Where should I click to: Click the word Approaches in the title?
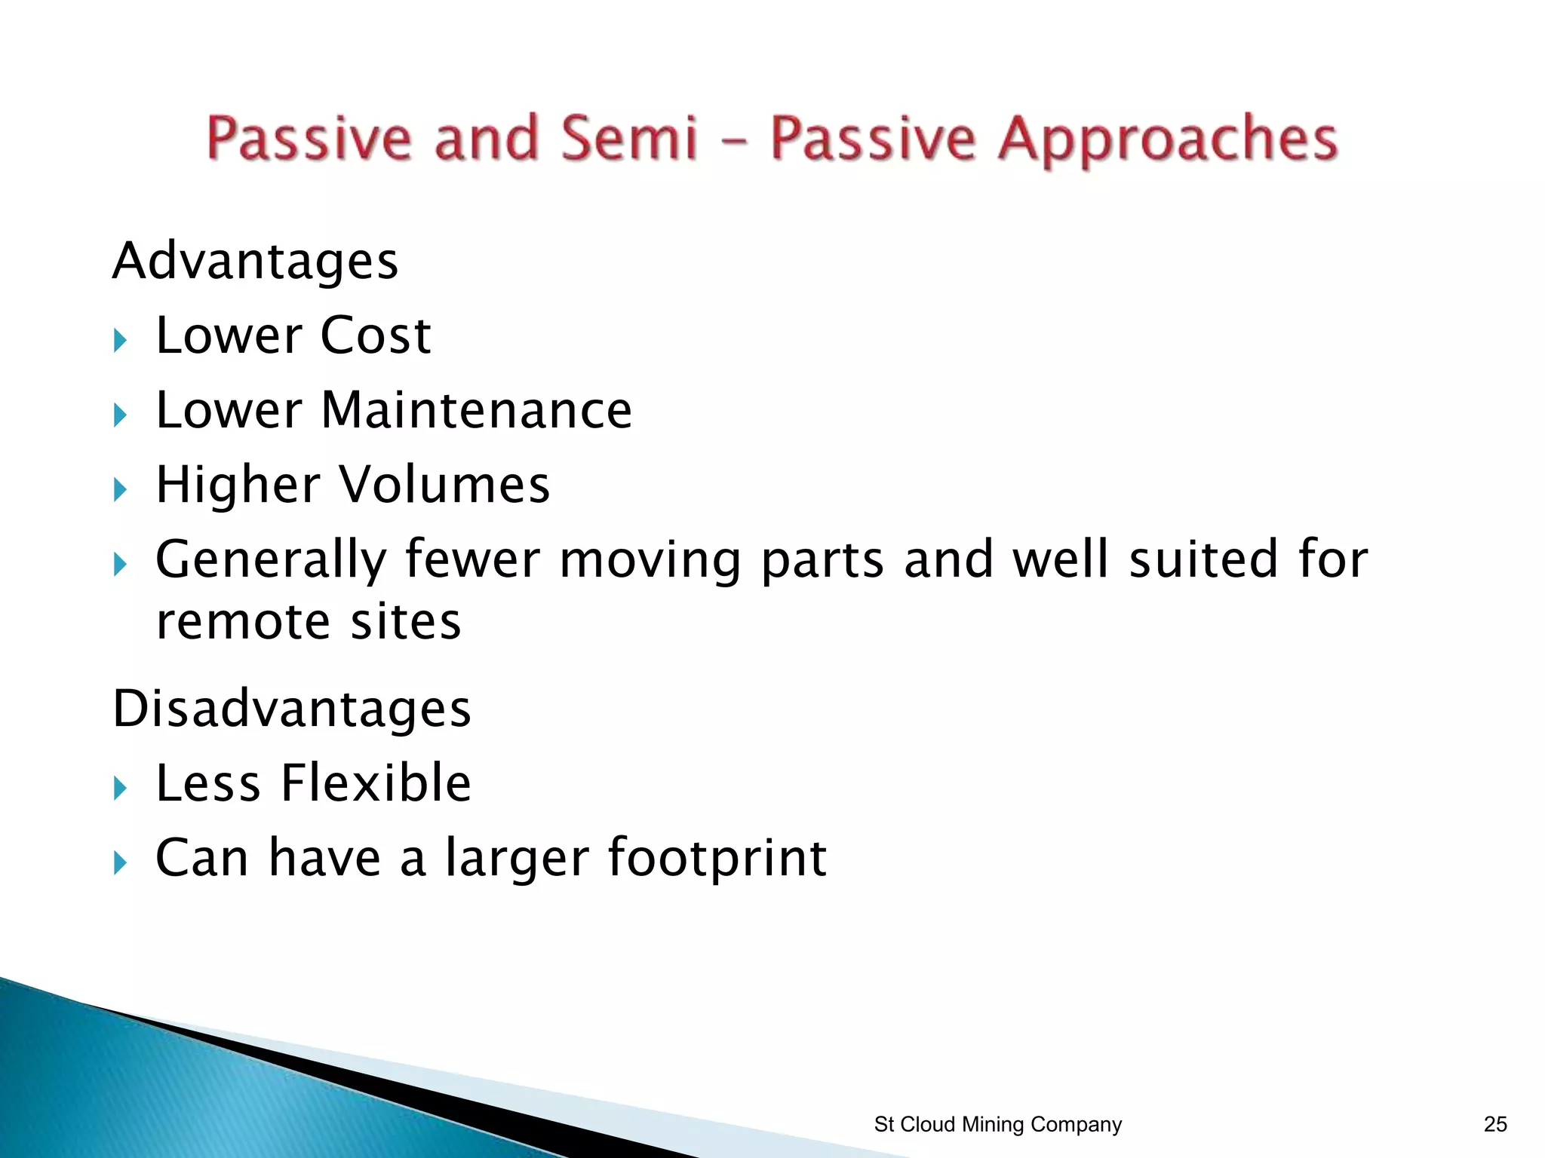(1167, 139)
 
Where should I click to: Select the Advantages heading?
(255, 261)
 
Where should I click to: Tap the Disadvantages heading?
(292, 709)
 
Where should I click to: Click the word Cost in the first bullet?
(375, 335)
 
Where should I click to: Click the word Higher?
(238, 484)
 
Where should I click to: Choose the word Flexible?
(376, 783)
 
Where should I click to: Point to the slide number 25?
(1495, 1124)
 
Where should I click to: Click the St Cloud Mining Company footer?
(997, 1124)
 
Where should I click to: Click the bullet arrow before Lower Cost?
(120, 341)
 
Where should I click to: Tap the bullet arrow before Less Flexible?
(120, 789)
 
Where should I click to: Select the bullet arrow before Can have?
(120, 862)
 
